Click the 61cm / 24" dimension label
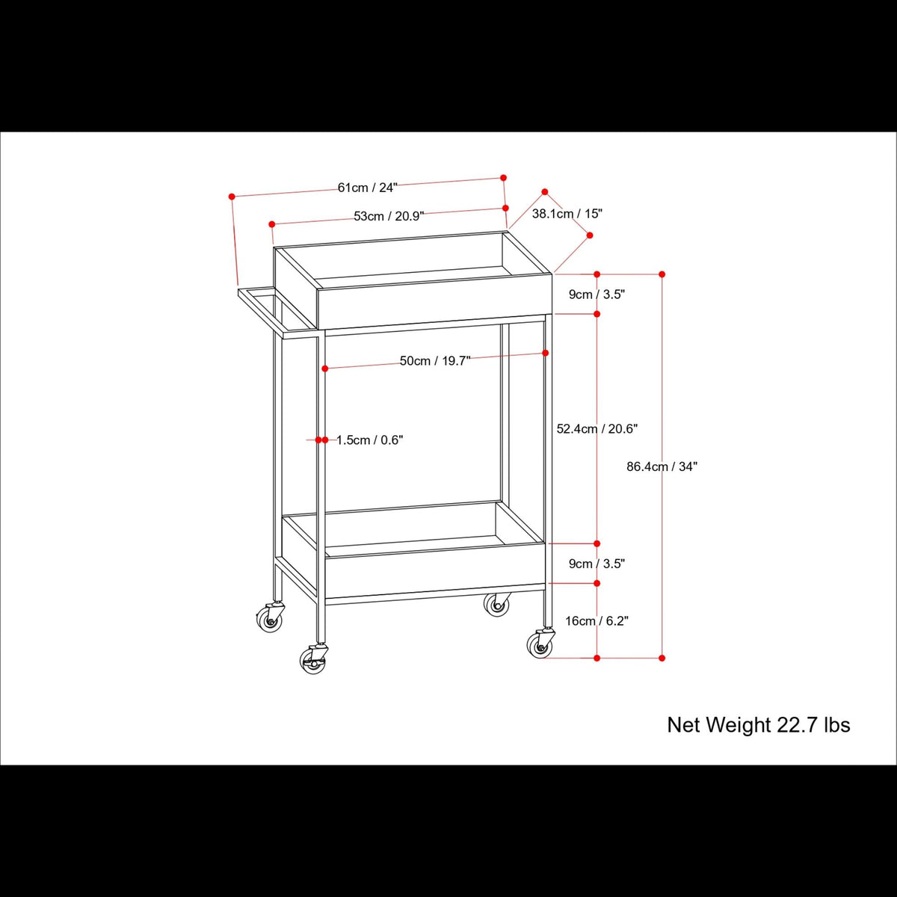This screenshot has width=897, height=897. click(367, 188)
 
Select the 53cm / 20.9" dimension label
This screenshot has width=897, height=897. click(389, 216)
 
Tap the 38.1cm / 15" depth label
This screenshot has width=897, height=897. click(567, 214)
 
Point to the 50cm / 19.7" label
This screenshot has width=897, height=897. click(434, 361)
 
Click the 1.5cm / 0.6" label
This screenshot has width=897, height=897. click(369, 440)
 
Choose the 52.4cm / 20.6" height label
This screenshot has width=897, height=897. click(597, 429)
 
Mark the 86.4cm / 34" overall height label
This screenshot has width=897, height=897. click(662, 466)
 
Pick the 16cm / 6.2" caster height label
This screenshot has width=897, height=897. click(597, 621)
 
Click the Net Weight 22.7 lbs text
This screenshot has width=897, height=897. click(758, 725)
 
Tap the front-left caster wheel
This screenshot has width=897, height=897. click(313, 660)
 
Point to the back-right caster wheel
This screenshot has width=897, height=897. click(496, 603)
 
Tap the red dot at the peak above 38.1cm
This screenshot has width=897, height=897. click(545, 192)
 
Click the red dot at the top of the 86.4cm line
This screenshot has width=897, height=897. click(662, 274)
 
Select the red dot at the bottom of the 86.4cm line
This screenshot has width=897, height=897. click(662, 658)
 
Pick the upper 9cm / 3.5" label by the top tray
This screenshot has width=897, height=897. click(597, 295)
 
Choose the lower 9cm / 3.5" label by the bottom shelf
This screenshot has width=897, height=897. click(597, 564)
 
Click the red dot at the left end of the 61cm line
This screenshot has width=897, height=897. click(232, 197)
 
